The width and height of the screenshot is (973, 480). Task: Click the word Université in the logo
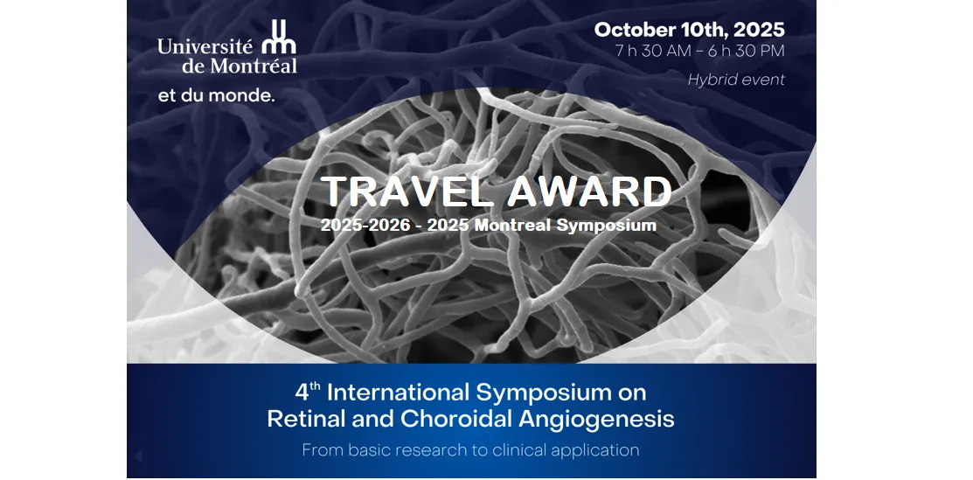205,46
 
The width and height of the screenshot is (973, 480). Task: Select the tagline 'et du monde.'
216,96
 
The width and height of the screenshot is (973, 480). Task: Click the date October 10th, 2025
690,30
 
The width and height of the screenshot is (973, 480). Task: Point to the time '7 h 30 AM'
653,51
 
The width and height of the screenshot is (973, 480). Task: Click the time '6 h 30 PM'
747,51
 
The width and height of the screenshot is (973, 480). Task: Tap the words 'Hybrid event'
736,80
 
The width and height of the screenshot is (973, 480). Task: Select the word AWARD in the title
589,191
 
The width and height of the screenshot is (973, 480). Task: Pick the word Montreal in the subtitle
512,225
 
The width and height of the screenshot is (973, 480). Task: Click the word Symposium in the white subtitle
606,226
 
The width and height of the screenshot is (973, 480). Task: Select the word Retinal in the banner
304,419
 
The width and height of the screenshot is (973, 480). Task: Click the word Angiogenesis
596,420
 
